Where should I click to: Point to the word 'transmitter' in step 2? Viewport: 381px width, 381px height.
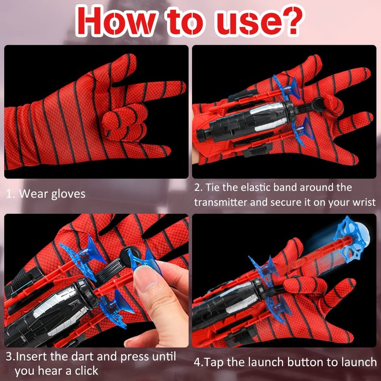point(220,202)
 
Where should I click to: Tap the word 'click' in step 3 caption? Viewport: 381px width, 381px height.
point(86,370)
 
